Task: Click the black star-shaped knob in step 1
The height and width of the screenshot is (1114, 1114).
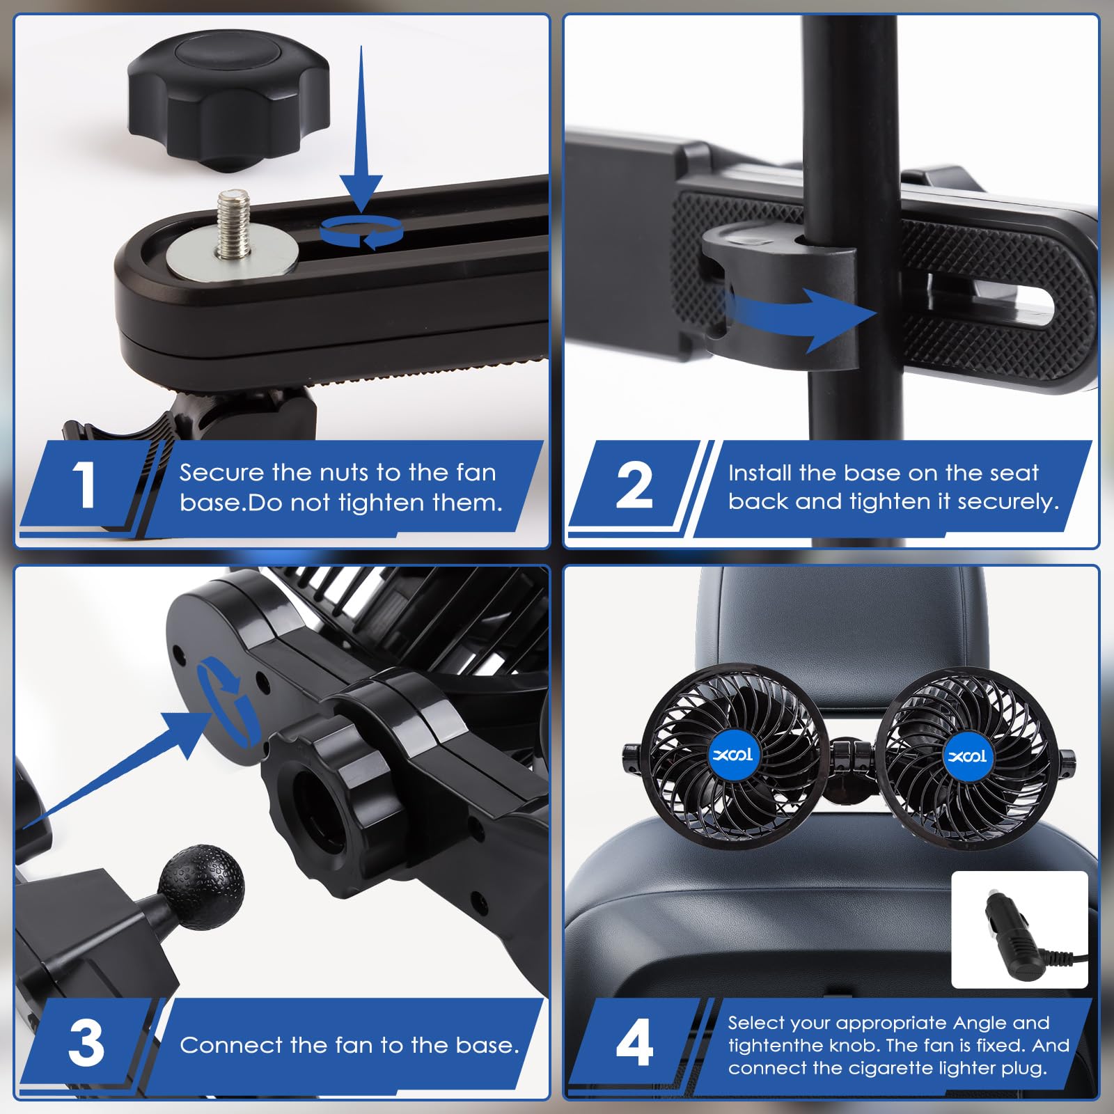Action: point(228,100)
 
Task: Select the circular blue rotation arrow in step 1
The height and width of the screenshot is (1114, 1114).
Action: point(361,231)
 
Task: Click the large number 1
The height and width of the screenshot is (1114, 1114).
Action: point(84,485)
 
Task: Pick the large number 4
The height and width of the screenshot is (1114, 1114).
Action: point(634,1043)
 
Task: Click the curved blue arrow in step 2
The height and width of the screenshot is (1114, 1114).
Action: point(801,317)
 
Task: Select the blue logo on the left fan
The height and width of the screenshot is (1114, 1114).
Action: point(734,755)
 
